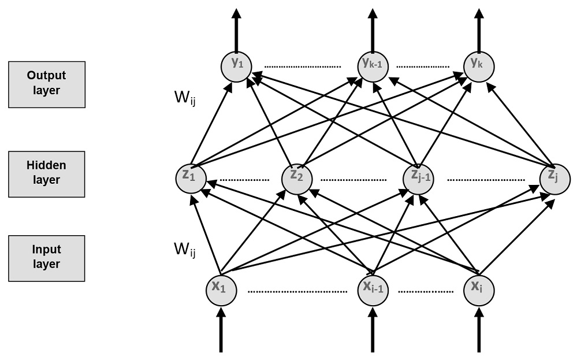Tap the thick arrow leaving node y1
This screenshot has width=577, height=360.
(236, 29)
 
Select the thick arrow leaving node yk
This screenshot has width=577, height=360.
(479, 29)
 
